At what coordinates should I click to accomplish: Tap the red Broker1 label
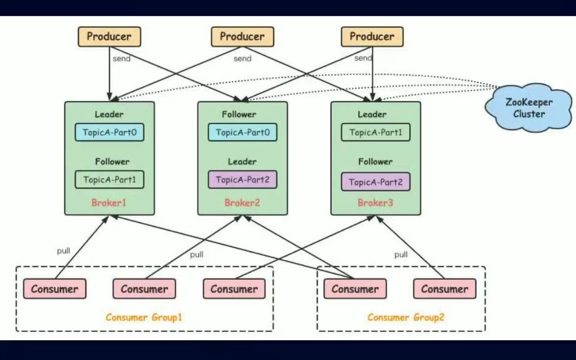pos(109,203)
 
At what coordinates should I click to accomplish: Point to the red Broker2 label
pos(242,203)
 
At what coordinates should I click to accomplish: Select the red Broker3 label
pos(375,203)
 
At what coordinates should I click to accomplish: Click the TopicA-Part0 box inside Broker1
pos(109,132)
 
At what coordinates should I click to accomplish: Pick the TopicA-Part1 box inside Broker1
pos(109,180)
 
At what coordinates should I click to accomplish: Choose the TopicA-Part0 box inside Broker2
pos(243,132)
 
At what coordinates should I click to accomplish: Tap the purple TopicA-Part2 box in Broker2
pos(243,180)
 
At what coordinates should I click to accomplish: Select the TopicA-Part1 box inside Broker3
pos(375,132)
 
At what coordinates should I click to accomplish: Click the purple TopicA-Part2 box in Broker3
pos(375,182)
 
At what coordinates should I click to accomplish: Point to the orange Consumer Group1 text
pos(144,317)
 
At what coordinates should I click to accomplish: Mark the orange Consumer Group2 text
pos(406,317)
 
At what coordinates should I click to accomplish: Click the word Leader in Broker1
pos(109,114)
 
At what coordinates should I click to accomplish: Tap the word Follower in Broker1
pos(112,162)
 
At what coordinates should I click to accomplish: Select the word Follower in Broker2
pos(239,114)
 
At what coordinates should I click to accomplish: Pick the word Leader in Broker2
pos(243,162)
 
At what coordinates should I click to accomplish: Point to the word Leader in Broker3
pos(372,114)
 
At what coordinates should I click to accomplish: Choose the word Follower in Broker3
pos(375,162)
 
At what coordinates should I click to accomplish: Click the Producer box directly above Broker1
pos(109,37)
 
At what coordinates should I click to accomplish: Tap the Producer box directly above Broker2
pos(243,37)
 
